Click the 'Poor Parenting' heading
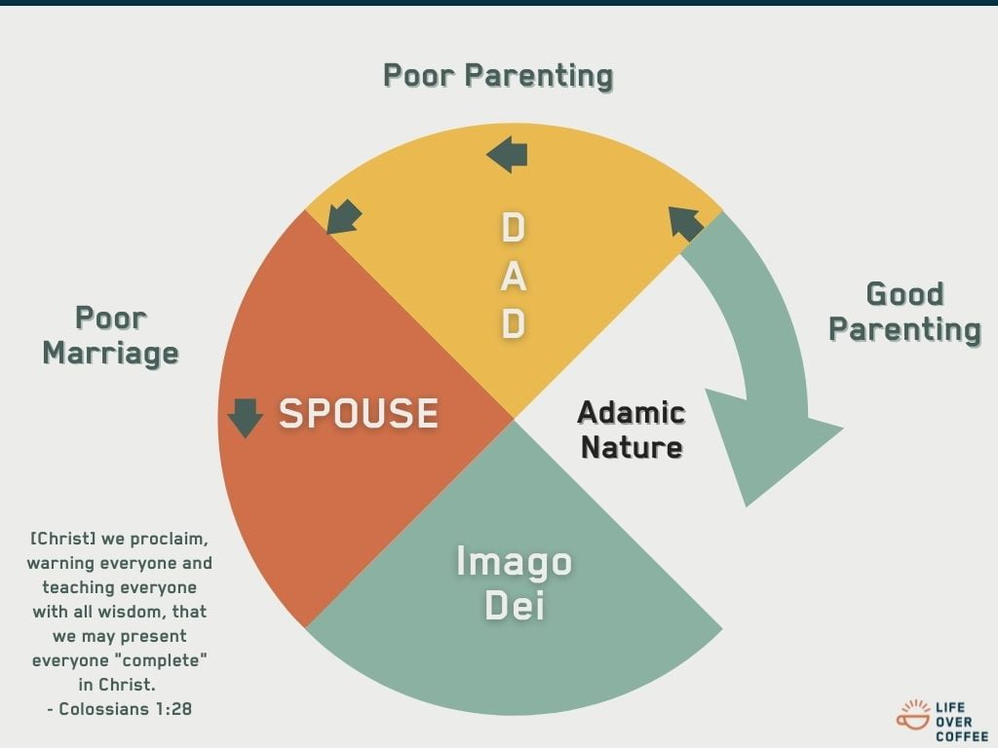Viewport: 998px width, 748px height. [x=498, y=76]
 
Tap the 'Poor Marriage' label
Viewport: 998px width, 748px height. [x=111, y=336]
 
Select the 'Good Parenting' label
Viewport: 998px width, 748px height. [x=904, y=313]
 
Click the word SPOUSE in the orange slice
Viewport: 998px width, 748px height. [x=359, y=413]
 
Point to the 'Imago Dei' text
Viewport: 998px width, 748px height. [x=515, y=582]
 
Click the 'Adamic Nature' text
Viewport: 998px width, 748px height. [x=632, y=430]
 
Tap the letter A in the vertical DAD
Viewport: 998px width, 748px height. [x=514, y=276]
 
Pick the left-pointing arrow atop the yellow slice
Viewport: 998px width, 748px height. [x=507, y=154]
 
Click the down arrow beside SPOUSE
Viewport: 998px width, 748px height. [x=245, y=418]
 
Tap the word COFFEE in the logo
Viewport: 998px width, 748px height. [x=962, y=736]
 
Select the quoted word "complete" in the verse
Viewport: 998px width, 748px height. [x=165, y=660]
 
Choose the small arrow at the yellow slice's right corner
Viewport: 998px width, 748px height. [x=686, y=223]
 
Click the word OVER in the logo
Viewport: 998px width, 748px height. [x=954, y=722]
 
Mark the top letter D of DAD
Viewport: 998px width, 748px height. [x=514, y=228]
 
